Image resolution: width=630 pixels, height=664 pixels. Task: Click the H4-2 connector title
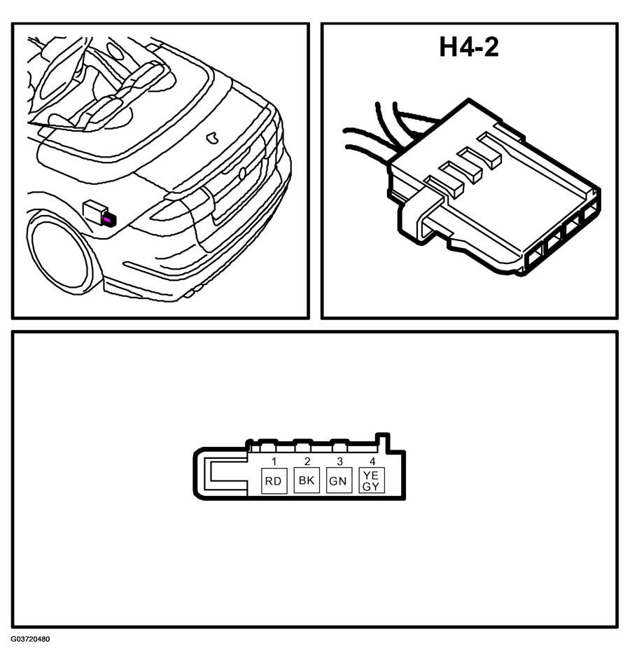coord(469,47)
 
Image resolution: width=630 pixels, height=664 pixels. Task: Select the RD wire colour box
coord(274,480)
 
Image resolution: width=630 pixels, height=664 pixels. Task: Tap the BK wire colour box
coord(307,480)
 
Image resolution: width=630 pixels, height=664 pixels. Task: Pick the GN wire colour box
coord(339,480)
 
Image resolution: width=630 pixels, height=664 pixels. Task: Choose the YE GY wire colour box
coord(372,480)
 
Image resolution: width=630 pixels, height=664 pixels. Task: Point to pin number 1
coord(274,461)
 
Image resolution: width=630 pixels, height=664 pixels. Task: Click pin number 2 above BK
coord(307,461)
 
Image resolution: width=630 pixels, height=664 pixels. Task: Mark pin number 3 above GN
coord(339,461)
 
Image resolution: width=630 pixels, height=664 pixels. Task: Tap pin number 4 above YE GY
coord(372,461)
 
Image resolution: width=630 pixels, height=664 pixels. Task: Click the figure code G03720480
coord(31,639)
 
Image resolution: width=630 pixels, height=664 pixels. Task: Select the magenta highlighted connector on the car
coord(108,220)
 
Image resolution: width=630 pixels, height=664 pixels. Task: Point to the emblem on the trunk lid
coord(212,137)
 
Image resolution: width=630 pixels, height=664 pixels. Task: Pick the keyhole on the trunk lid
coord(242,174)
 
